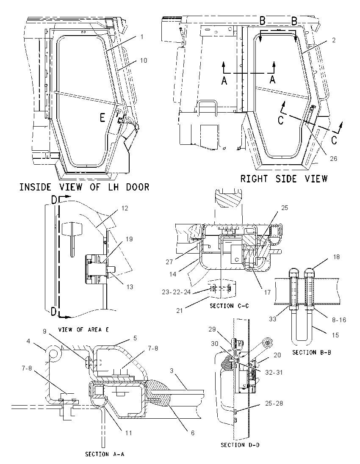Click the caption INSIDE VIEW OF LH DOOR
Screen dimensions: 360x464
tap(84, 187)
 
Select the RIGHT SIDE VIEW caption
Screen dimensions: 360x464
tap(284, 179)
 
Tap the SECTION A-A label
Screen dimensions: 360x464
tap(105, 454)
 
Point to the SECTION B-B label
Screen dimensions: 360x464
tap(312, 352)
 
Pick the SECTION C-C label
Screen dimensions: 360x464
tap(230, 306)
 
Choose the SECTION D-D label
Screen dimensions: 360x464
tap(240, 445)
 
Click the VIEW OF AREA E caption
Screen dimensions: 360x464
tap(83, 329)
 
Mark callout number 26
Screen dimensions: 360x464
tap(334, 159)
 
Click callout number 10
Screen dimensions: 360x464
tap(144, 61)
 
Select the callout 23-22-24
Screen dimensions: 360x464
tap(176, 292)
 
